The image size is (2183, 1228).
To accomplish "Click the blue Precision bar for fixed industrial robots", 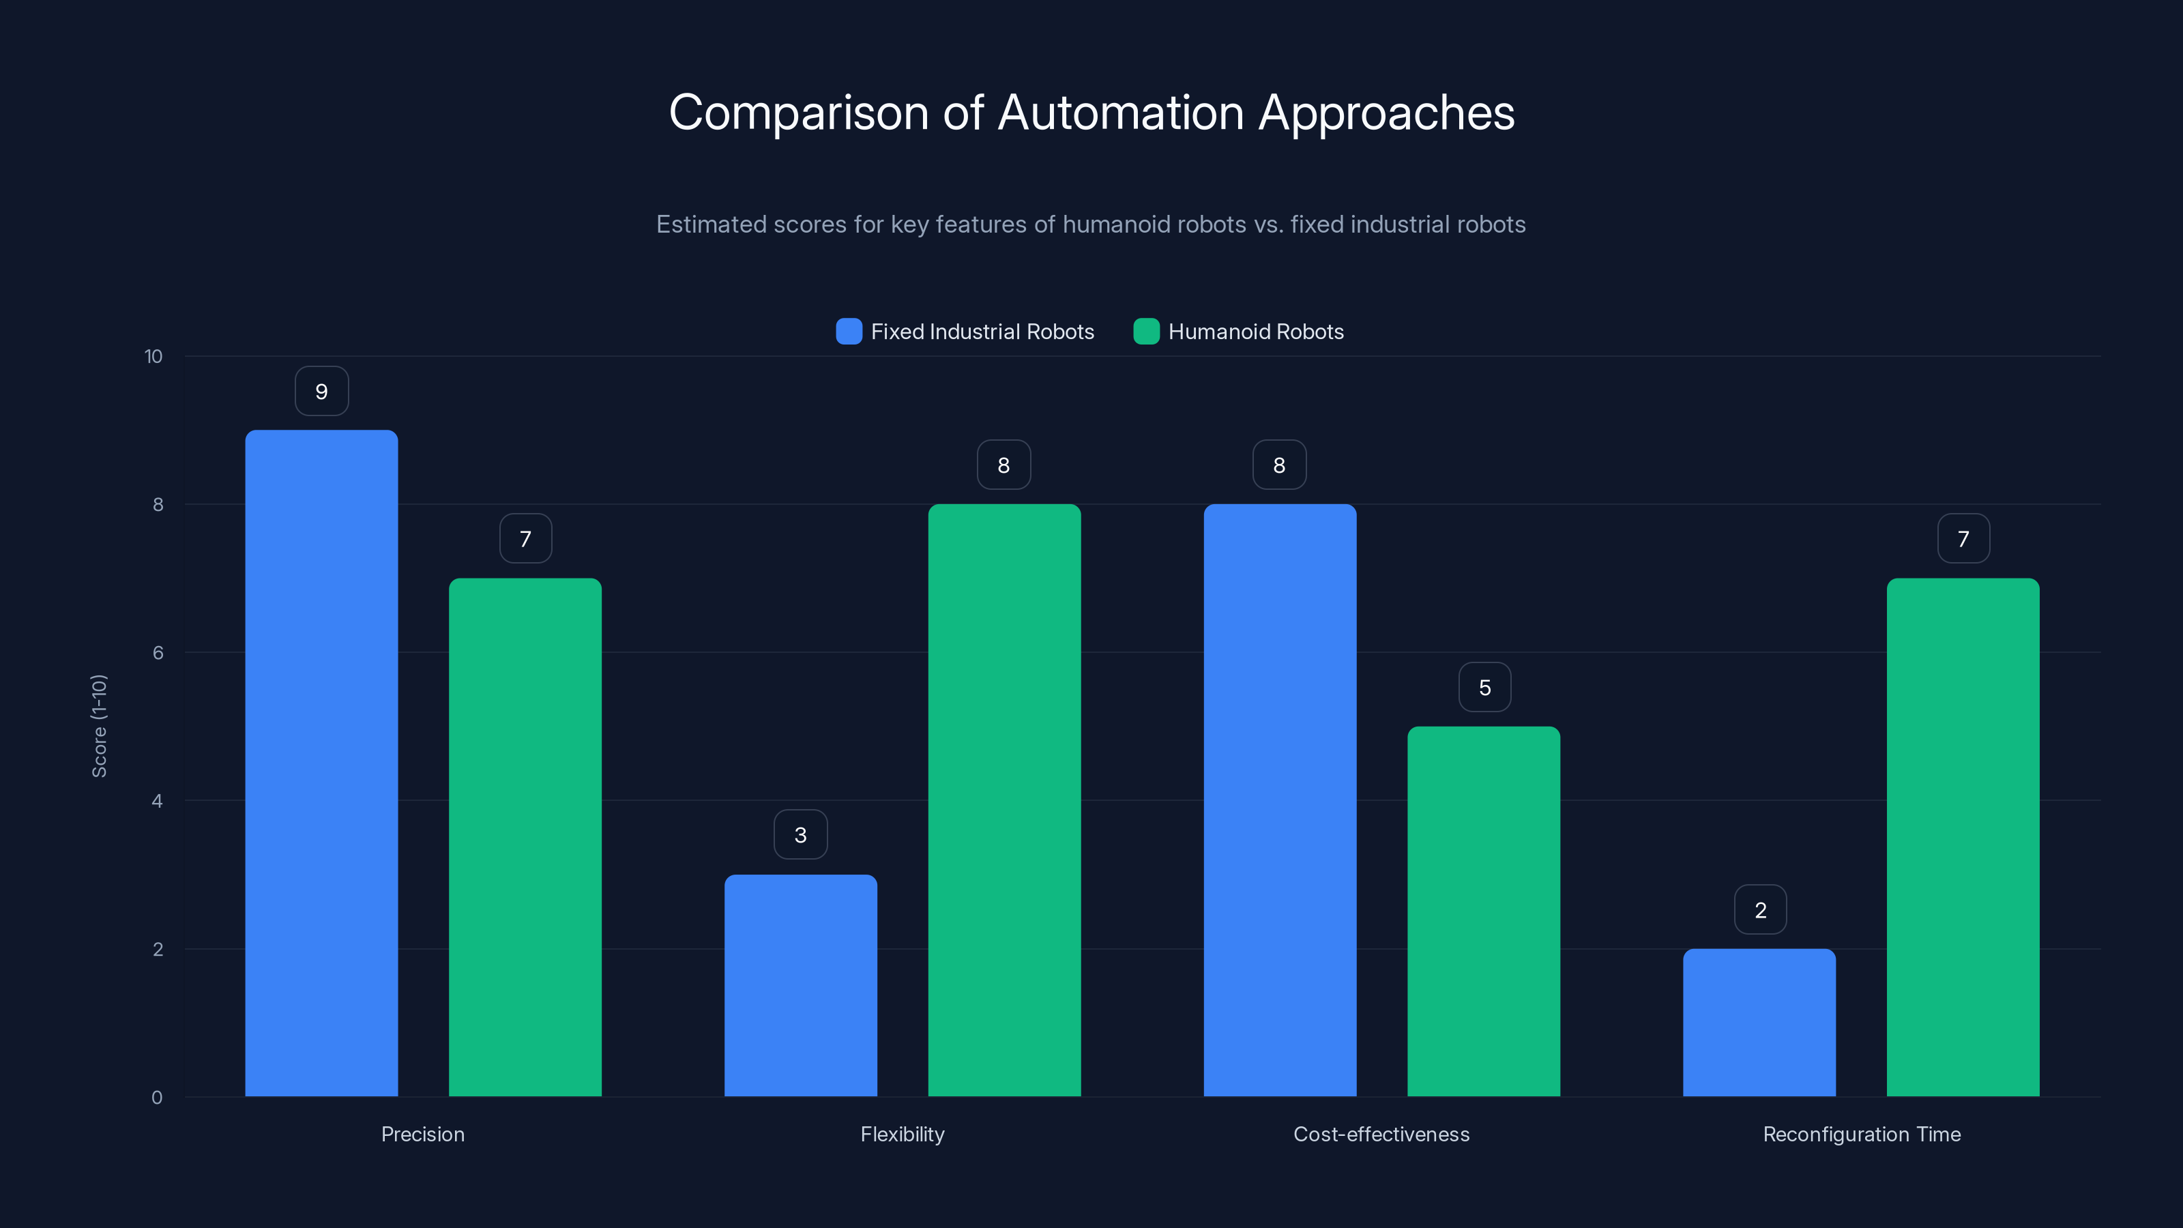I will [x=321, y=763].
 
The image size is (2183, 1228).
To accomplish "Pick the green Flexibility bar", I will [x=1004, y=800].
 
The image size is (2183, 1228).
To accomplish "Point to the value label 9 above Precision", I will [x=321, y=392].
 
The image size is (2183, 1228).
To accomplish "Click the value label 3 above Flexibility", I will [x=800, y=836].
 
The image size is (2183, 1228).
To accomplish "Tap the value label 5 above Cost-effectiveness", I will [x=1484, y=687].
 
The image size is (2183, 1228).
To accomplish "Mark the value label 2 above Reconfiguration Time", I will [x=1760, y=910].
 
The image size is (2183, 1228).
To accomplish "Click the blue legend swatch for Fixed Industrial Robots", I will [x=848, y=332].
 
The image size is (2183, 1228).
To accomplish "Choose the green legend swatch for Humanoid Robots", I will [x=1146, y=332].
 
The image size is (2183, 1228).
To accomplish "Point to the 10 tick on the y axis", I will [x=153, y=357].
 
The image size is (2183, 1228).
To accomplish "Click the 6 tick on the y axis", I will [x=158, y=653].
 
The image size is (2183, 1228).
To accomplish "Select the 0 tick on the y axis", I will [x=157, y=1098].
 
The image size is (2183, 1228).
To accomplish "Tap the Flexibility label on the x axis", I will [x=902, y=1134].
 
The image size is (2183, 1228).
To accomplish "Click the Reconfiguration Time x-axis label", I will [x=1861, y=1134].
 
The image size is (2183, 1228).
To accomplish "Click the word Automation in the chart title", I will [x=1121, y=113].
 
